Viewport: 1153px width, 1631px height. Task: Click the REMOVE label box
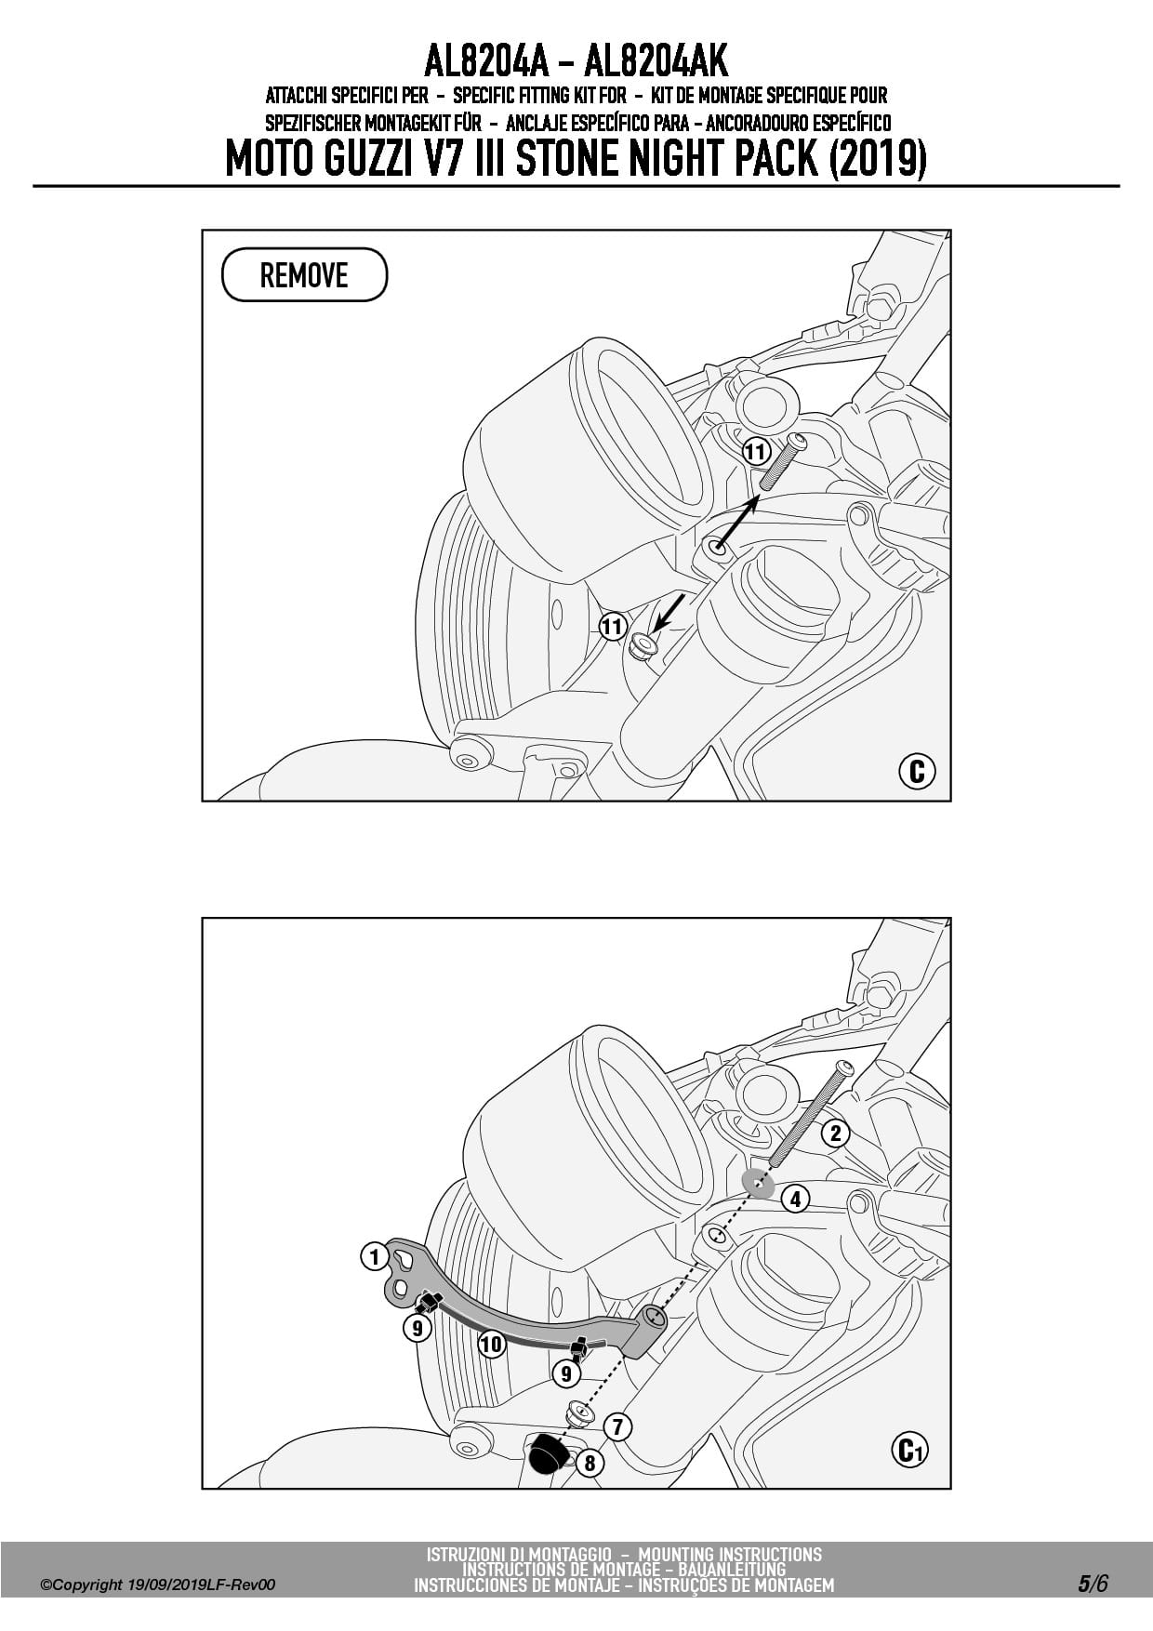(304, 274)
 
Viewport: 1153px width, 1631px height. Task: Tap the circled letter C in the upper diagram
(917, 771)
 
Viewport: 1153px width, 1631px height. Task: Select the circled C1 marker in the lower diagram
(909, 1450)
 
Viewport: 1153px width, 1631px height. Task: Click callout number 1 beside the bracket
(374, 1257)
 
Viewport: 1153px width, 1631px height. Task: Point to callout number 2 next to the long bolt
(835, 1133)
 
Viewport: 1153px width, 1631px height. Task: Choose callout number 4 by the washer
(795, 1199)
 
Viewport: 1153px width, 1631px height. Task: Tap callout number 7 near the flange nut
(617, 1426)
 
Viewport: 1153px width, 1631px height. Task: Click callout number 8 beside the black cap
(590, 1463)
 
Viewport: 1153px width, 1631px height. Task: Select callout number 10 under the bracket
(491, 1344)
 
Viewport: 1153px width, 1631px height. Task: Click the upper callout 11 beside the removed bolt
(756, 453)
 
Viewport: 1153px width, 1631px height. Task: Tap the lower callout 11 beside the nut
(612, 627)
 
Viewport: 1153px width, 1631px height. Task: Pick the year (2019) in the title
(877, 159)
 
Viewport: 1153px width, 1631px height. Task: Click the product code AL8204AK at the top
(656, 62)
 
